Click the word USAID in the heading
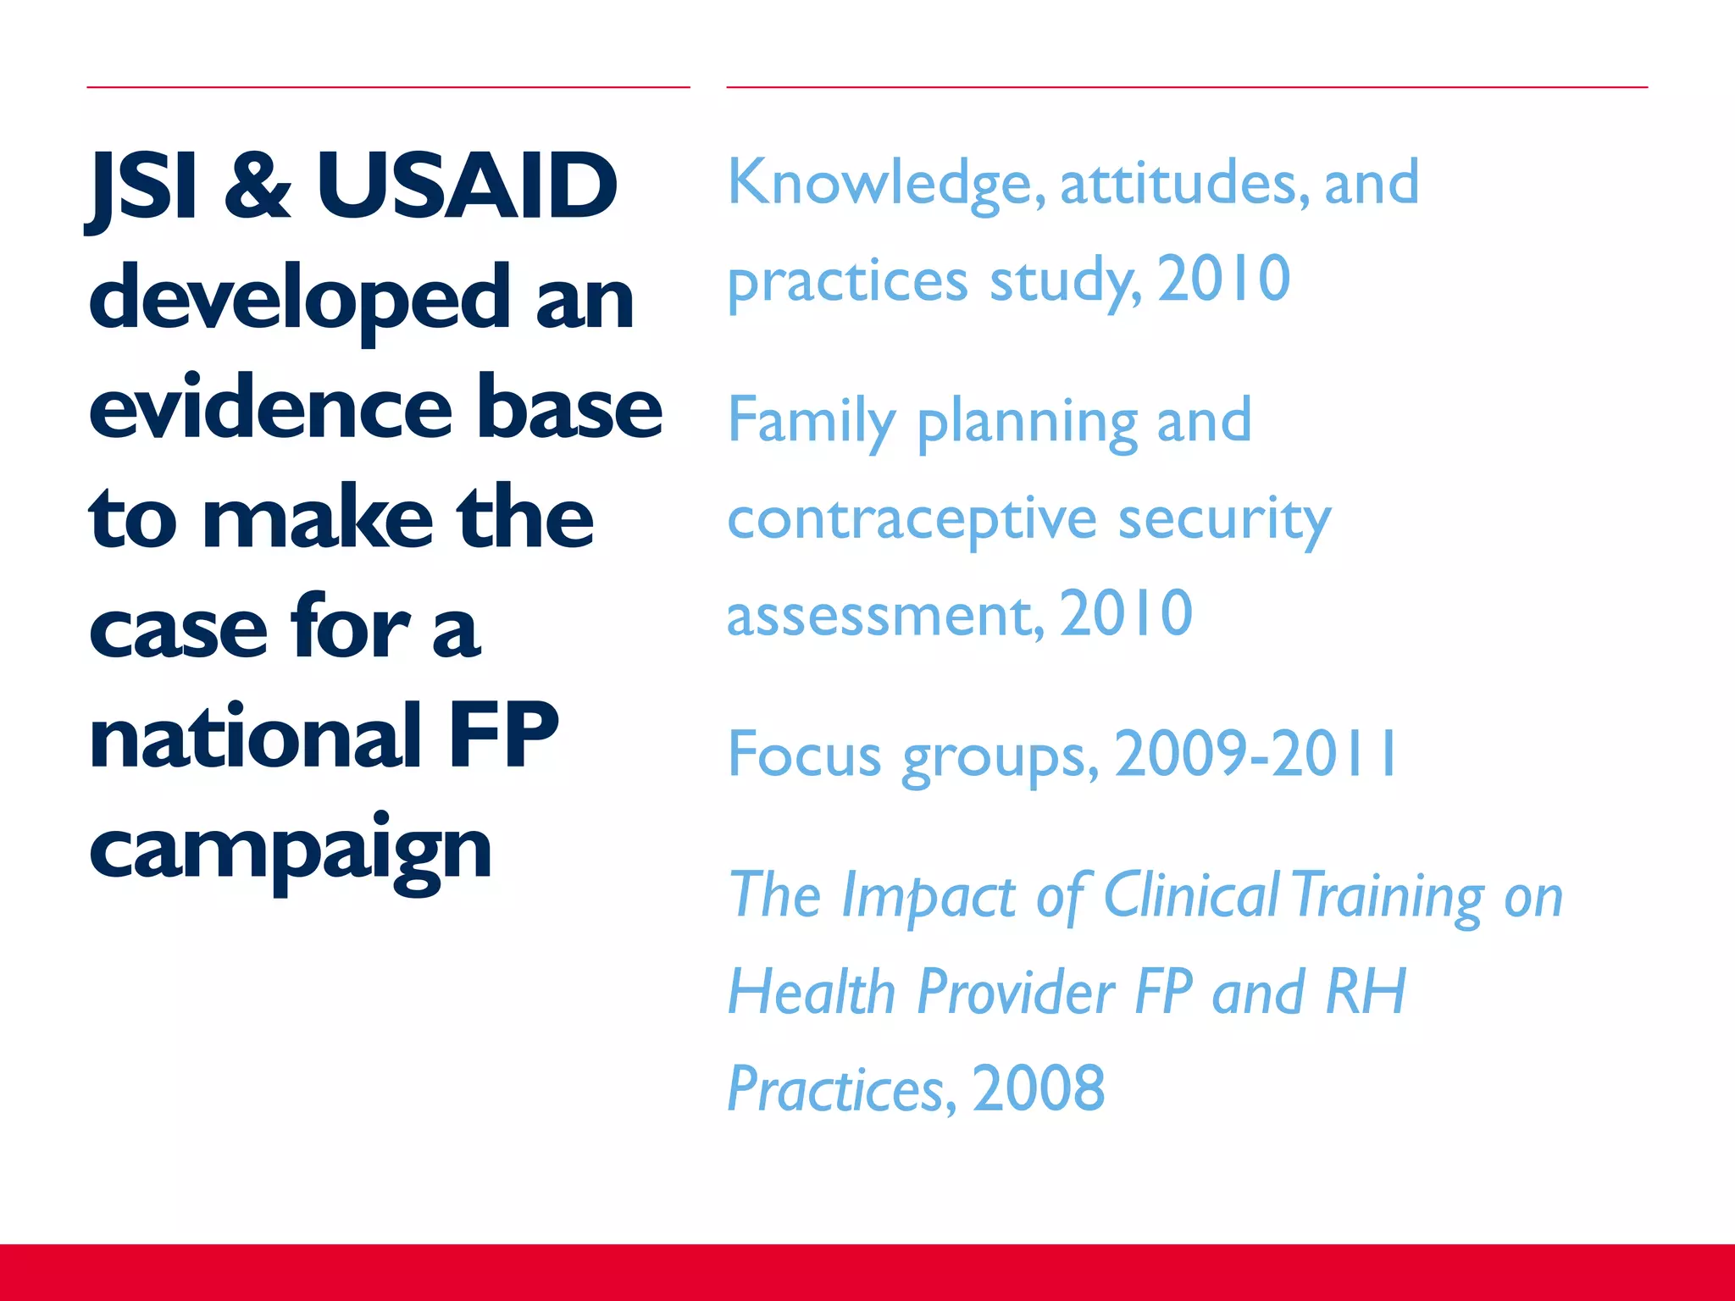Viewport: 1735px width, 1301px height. pyautogui.click(x=467, y=185)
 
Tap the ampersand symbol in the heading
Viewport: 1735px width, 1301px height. pyautogui.click(x=258, y=185)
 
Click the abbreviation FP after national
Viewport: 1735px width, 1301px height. pyautogui.click(x=503, y=737)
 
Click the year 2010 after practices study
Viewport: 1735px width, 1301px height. pyautogui.click(x=1223, y=279)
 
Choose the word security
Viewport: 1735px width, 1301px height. pyautogui.click(x=1224, y=520)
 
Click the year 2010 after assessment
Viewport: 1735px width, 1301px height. pyautogui.click(x=1126, y=613)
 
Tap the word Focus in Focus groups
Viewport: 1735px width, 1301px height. pyautogui.click(x=804, y=754)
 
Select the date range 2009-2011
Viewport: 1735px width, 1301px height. pyautogui.click(x=1256, y=754)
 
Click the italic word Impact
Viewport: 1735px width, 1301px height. pyautogui.click(x=928, y=896)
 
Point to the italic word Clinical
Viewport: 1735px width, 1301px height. pyautogui.click(x=1191, y=894)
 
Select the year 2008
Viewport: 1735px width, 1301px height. pyautogui.click(x=1038, y=1088)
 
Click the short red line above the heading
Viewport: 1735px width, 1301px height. pyautogui.click(x=388, y=87)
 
